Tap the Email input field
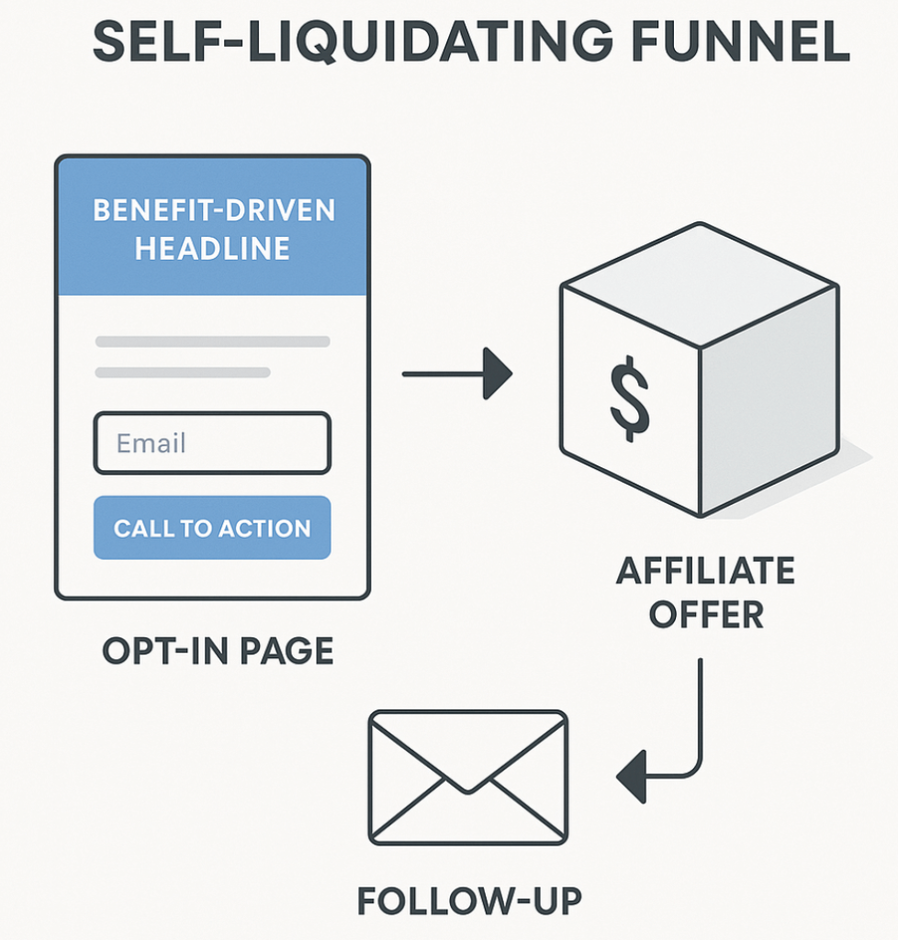[212, 443]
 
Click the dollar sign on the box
[630, 399]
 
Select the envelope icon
[467, 777]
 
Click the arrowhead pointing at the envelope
[632, 779]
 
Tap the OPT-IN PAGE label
[218, 651]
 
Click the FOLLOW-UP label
[469, 901]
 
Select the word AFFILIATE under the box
[705, 571]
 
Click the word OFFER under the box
[705, 614]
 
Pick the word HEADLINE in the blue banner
[212, 248]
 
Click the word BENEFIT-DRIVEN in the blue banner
[214, 210]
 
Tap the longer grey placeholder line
[212, 341]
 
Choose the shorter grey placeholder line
[183, 373]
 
